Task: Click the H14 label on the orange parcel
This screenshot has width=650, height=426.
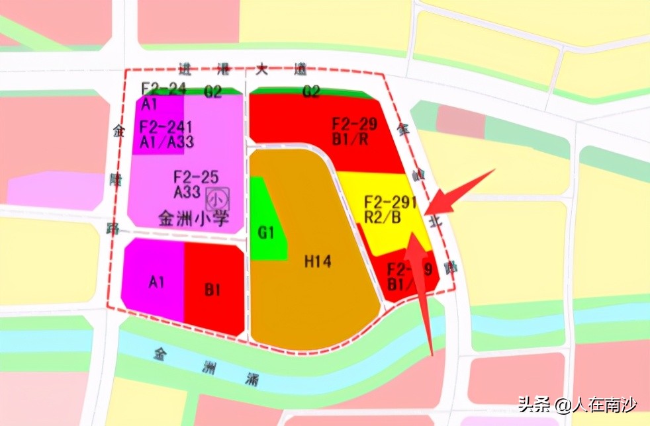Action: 318,262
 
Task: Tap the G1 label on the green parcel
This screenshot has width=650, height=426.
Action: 267,233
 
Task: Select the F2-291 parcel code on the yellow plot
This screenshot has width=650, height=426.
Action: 391,203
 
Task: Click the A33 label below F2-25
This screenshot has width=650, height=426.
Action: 187,191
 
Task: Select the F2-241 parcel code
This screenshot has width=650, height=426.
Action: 165,126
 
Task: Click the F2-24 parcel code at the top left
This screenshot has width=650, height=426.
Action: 163,88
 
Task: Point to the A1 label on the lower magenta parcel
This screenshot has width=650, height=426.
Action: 157,282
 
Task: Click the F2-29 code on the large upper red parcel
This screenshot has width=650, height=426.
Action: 355,124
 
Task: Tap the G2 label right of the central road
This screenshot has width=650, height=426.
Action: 310,93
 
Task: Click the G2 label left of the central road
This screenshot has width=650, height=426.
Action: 212,93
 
